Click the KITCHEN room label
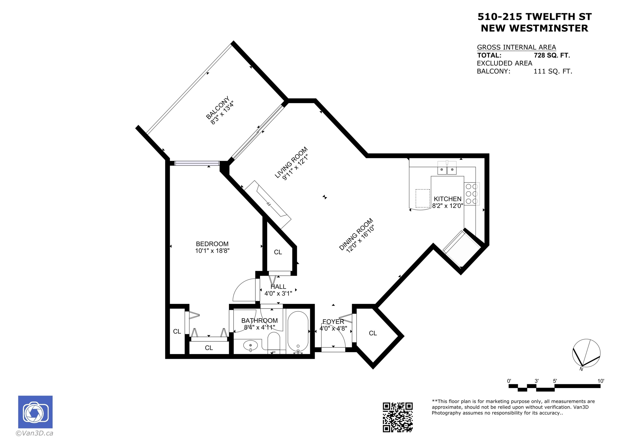point(447,199)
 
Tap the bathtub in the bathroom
point(298,331)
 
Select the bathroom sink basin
point(250,346)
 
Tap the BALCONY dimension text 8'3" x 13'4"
point(222,113)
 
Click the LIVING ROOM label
point(291,162)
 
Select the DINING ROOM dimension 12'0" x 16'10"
point(360,239)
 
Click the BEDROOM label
point(212,244)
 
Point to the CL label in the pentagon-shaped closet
point(373,333)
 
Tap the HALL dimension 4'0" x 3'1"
point(278,293)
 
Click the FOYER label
point(333,322)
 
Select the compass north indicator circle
point(586,353)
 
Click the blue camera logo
point(35,412)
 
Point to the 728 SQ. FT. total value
point(552,56)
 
